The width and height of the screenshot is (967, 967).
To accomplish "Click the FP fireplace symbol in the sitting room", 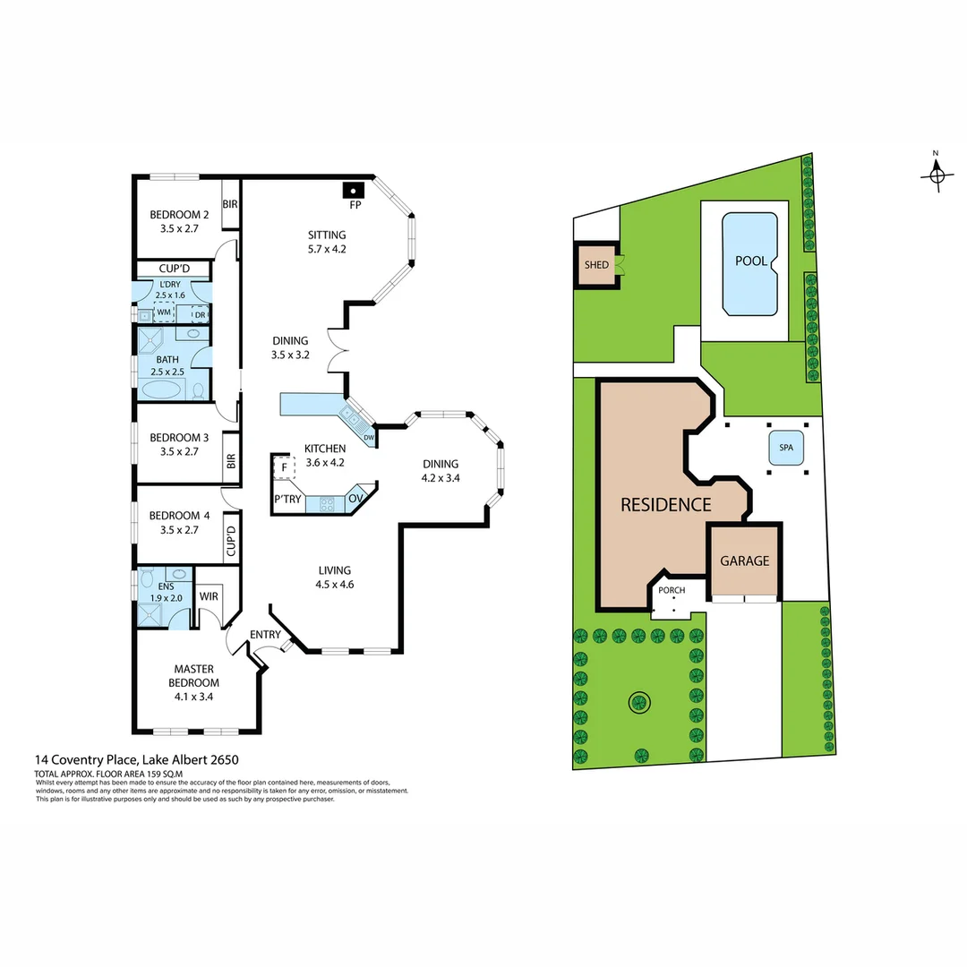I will [x=355, y=191].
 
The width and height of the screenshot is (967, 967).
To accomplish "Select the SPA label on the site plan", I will [x=786, y=449].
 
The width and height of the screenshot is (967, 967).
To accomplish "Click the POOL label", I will [x=750, y=261].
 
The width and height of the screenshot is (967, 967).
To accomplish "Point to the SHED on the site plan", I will [x=596, y=265].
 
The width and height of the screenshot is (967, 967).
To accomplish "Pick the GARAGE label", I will [x=745, y=561].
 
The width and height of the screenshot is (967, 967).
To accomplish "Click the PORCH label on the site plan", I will [x=672, y=591].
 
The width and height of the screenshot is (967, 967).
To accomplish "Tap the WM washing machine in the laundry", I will [x=164, y=314].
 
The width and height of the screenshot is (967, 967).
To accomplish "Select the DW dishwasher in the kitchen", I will [x=368, y=436].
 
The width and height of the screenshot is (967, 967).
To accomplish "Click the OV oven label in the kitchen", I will [x=355, y=499].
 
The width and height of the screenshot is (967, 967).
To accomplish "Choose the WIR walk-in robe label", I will [x=210, y=595].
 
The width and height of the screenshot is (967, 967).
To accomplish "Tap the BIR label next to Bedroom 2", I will [x=230, y=205].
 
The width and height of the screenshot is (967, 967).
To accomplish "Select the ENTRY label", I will [x=265, y=634].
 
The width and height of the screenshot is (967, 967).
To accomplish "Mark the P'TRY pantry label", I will [x=287, y=500].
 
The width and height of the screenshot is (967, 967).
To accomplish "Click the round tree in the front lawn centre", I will [x=638, y=702].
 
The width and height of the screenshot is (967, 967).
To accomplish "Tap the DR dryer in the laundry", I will [x=201, y=314].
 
